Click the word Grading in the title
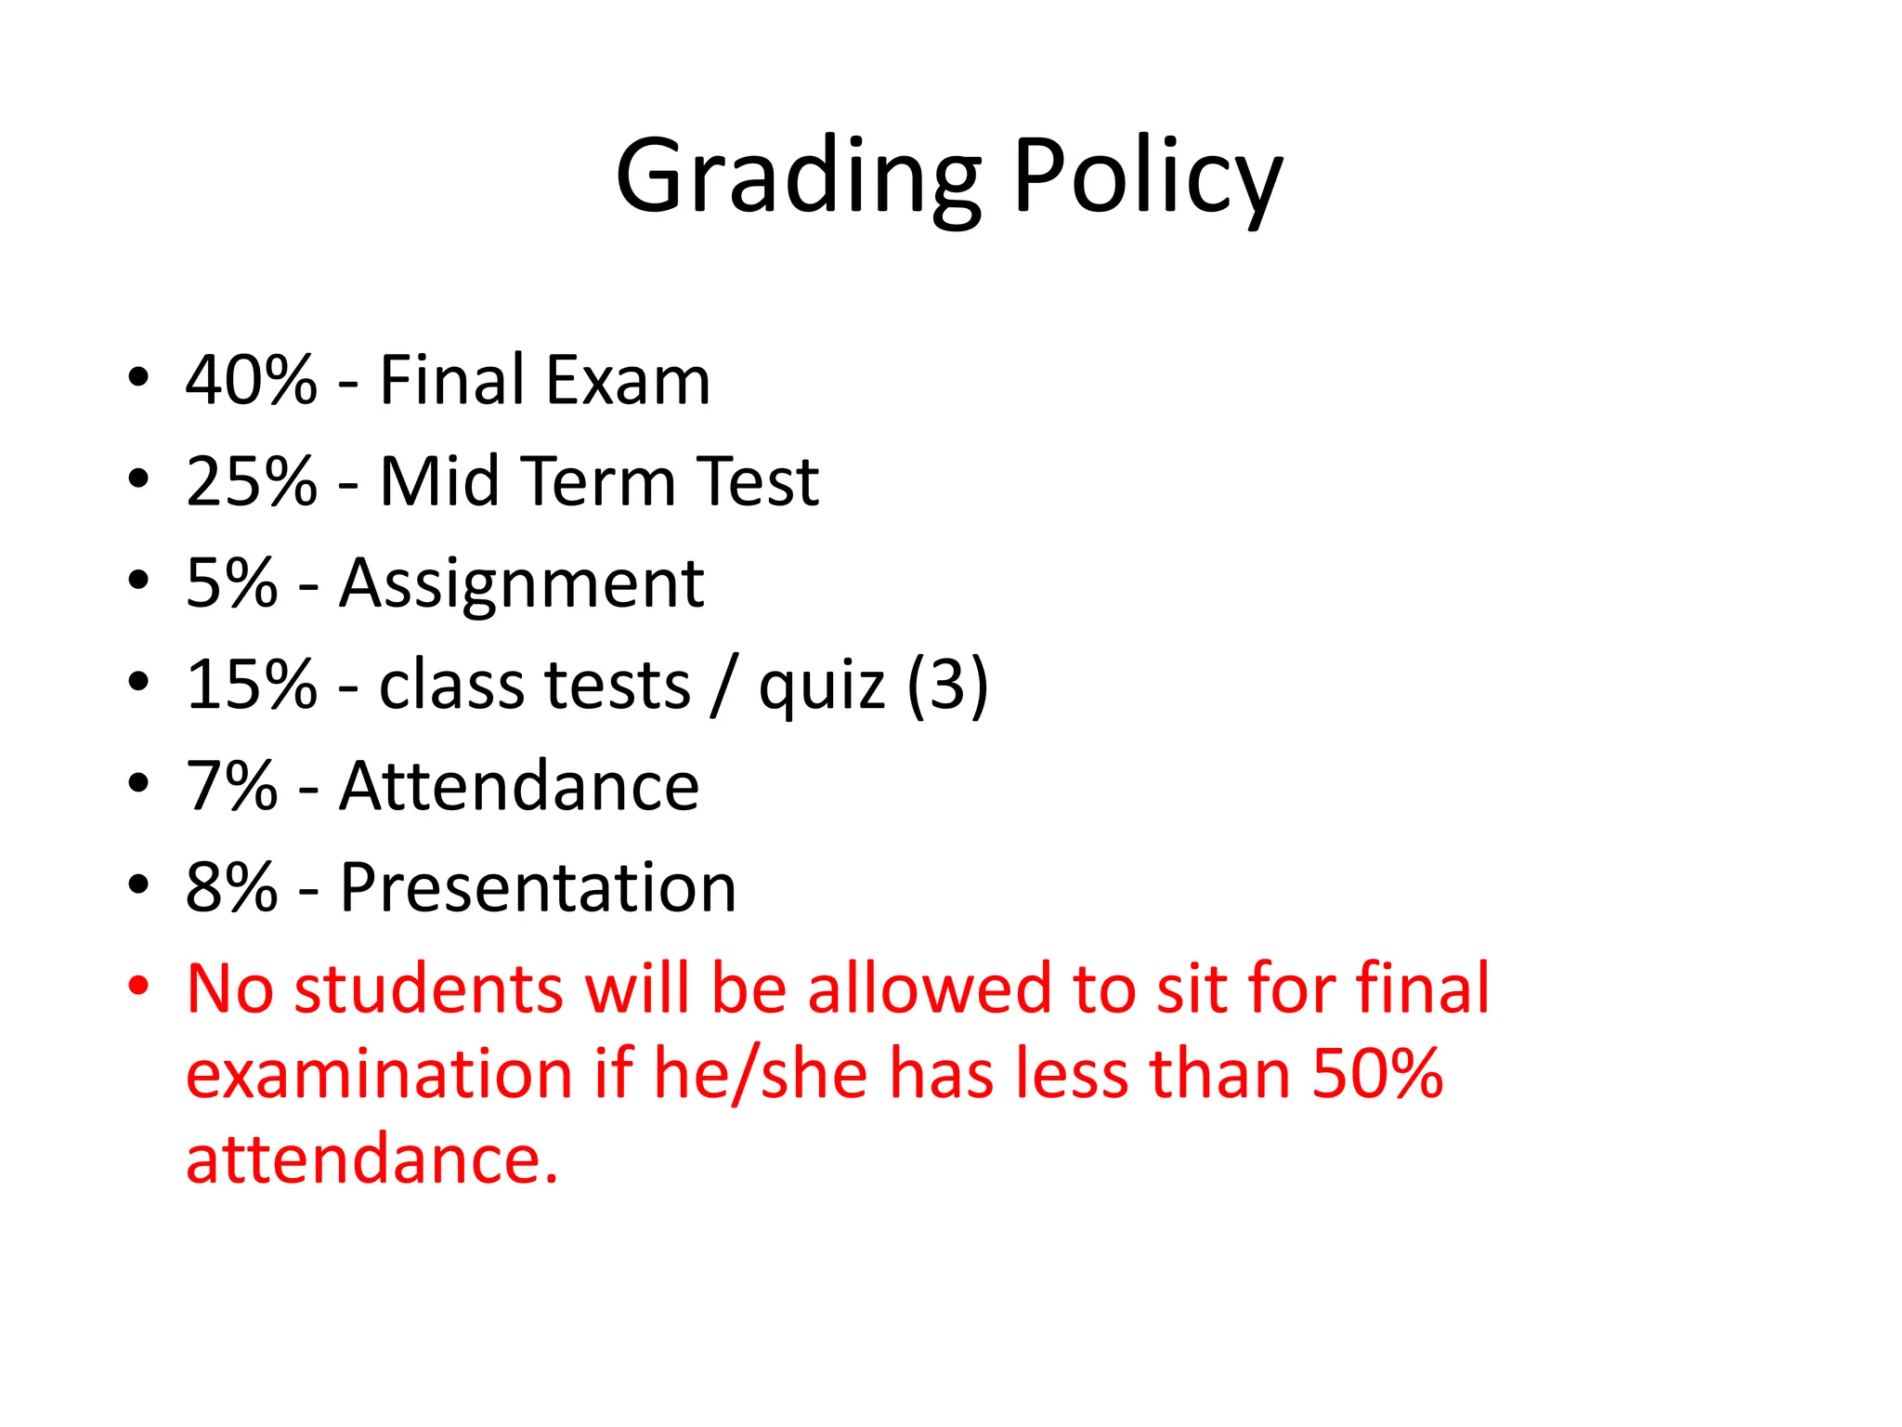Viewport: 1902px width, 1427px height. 797,177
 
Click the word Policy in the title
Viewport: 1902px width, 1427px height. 1148,177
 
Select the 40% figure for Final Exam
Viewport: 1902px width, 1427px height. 251,380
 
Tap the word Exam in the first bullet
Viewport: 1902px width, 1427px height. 628,380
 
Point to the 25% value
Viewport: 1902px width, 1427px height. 251,481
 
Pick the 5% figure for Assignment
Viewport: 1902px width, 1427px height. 231,583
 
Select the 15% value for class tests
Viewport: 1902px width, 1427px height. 251,685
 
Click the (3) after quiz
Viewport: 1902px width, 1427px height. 947,685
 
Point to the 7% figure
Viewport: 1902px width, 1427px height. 231,786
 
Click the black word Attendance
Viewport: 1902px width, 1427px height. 519,786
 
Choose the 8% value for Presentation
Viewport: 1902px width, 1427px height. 231,887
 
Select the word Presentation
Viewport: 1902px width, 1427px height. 538,887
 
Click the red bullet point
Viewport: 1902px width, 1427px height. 138,986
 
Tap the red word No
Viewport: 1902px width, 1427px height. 229,988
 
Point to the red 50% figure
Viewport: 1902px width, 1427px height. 1377,1074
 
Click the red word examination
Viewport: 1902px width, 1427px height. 379,1074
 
